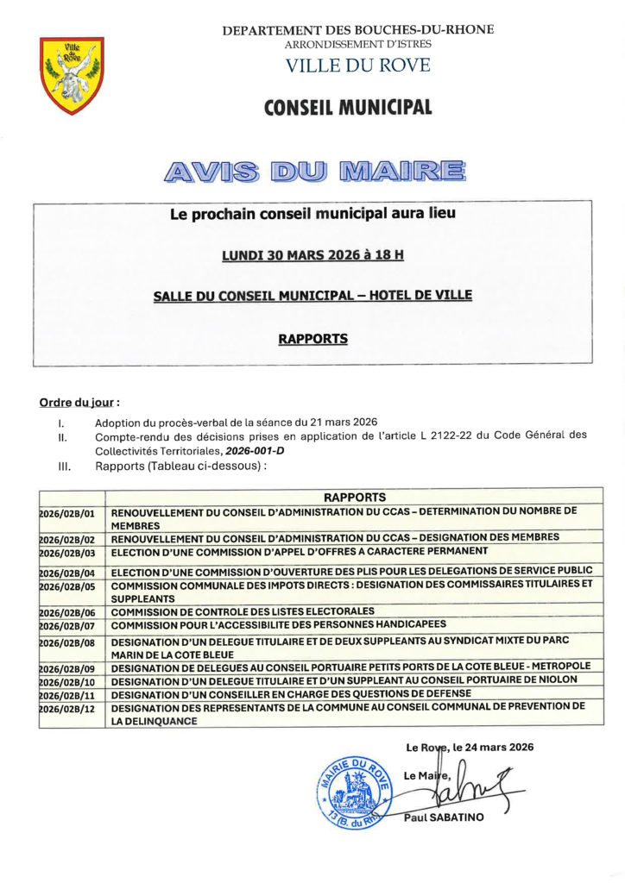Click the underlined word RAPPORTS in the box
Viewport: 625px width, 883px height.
click(312, 339)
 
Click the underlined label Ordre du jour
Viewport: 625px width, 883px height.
click(78, 403)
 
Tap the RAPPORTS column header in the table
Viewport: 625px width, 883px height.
click(354, 497)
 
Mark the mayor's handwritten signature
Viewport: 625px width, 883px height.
click(470, 786)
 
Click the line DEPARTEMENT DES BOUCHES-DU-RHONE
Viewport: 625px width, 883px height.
click(358, 30)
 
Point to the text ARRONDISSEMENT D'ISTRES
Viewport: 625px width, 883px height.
click(357, 43)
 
